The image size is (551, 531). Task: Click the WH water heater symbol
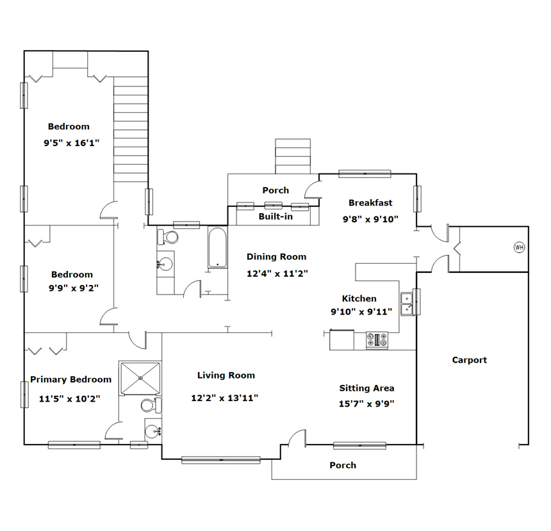519,247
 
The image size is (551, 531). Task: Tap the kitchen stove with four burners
377,340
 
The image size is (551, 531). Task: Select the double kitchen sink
407,304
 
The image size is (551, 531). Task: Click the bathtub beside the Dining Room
218,248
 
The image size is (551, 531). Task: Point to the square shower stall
140,378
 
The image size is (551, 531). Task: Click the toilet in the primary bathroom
151,405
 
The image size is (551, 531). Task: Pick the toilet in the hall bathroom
168,237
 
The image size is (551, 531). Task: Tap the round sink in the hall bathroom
165,264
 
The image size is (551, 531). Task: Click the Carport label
469,360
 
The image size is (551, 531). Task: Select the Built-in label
275,216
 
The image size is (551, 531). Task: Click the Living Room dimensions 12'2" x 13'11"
224,398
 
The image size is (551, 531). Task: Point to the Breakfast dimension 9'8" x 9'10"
370,219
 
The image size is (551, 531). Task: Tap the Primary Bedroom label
70,380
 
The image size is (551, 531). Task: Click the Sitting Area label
366,388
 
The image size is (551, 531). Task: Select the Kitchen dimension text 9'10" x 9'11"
361,311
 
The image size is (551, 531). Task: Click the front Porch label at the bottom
343,465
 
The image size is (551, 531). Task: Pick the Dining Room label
276,257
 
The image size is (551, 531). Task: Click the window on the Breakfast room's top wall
365,174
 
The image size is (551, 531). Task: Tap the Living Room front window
221,460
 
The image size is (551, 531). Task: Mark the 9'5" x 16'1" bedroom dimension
71,143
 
